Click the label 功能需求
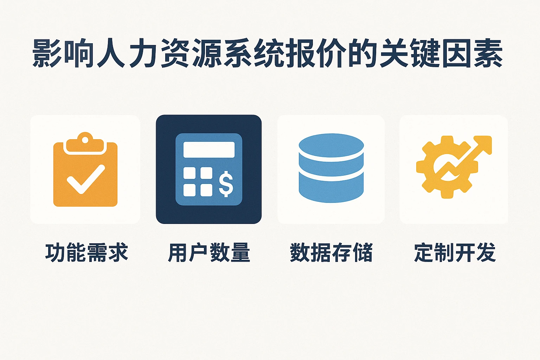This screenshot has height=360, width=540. (86, 252)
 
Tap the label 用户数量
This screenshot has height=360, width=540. (209, 252)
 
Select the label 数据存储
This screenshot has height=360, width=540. (331, 252)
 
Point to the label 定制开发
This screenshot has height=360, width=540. (455, 252)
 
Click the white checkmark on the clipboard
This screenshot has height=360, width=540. (85, 179)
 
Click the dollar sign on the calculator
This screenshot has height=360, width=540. (226, 184)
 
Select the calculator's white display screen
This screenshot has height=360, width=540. (209, 150)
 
